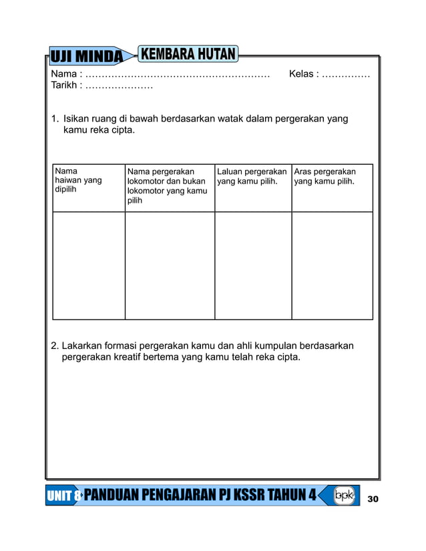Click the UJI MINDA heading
pos(86,57)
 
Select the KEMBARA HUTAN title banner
pos(188,53)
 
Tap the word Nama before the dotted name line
pos(63,74)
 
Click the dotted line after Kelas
pos(346,75)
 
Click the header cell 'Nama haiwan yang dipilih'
pos(79,180)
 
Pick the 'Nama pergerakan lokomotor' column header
pos(168,185)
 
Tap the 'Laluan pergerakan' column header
pos(252,176)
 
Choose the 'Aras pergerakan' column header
pos(325,176)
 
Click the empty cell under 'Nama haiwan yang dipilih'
pos(89,265)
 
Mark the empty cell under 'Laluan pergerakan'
pos(253,265)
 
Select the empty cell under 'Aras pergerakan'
pos(332,265)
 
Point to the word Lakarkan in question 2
pos(83,346)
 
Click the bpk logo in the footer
pos(344,496)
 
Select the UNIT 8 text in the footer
pos(64,496)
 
